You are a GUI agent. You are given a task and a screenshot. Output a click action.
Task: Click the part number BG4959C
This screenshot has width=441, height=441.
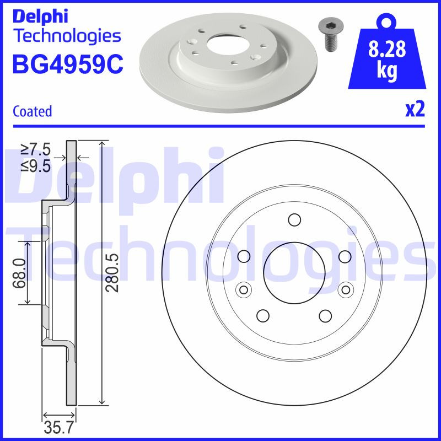pos(67,64)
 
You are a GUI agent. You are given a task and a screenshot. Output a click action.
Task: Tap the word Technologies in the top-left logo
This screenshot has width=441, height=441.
pos(67,36)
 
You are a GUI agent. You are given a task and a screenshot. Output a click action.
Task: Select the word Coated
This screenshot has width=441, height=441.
pos(32,111)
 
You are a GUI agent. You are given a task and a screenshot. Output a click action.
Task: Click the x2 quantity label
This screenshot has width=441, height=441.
pos(415,110)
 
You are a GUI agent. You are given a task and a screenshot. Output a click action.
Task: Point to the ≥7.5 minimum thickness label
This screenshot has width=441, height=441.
pos(36,149)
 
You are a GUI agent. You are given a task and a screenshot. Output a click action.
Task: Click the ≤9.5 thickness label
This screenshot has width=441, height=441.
pos(36,165)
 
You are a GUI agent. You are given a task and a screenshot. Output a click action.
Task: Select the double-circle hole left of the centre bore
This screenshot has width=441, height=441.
pos(243,289)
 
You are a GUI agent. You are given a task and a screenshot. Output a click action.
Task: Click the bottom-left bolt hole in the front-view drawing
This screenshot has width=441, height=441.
pos(263,315)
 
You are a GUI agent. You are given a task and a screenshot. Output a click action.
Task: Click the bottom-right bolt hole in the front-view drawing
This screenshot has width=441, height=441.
pos(325,315)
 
